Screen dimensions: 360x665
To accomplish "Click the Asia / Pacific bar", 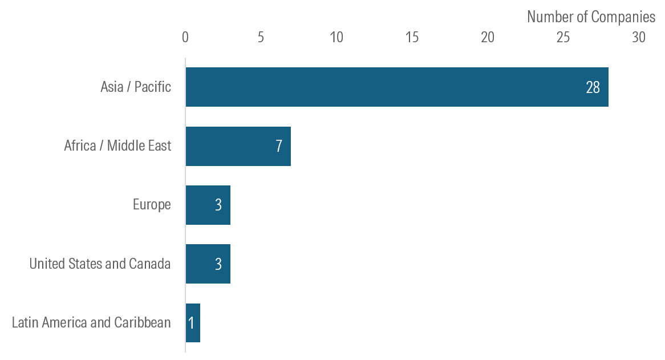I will click(396, 87).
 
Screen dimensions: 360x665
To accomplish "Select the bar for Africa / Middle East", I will click(238, 147).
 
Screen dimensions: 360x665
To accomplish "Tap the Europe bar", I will click(208, 205).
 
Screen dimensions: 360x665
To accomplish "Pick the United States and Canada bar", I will click(208, 264).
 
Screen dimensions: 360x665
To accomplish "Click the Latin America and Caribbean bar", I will click(193, 323).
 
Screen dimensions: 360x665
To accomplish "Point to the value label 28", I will click(593, 87).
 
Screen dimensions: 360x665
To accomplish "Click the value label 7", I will click(279, 147).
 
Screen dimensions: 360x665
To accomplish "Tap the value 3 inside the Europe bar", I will click(218, 205).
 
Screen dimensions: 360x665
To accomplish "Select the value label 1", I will click(191, 323).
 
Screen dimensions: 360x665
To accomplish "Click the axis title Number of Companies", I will click(591, 17).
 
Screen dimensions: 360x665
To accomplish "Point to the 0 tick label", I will click(185, 38).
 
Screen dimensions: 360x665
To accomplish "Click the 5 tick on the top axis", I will click(261, 38).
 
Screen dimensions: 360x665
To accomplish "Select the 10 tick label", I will click(336, 38).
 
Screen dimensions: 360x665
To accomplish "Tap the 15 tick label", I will click(412, 38).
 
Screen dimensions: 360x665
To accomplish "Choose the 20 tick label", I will click(488, 38).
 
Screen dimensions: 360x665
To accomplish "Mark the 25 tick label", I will click(563, 38).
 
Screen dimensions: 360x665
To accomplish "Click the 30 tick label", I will click(639, 38).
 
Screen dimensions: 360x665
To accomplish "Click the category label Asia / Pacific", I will click(136, 87).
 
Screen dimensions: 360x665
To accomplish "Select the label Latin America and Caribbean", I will click(91, 323).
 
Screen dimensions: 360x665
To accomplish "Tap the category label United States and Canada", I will click(100, 264).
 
